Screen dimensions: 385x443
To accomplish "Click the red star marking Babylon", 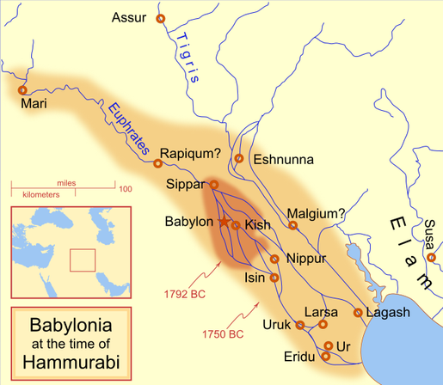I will click(225, 222).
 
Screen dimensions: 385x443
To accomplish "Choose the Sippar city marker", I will click(215, 185).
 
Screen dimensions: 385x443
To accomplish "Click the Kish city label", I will click(258, 225).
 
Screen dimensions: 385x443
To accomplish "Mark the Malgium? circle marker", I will click(293, 226).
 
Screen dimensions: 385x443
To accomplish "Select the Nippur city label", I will click(305, 258).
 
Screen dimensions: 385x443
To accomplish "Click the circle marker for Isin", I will click(274, 278).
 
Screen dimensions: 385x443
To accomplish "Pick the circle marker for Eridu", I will click(325, 356).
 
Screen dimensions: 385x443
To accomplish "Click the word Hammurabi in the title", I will click(71, 361).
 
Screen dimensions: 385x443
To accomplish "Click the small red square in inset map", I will click(82, 260).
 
